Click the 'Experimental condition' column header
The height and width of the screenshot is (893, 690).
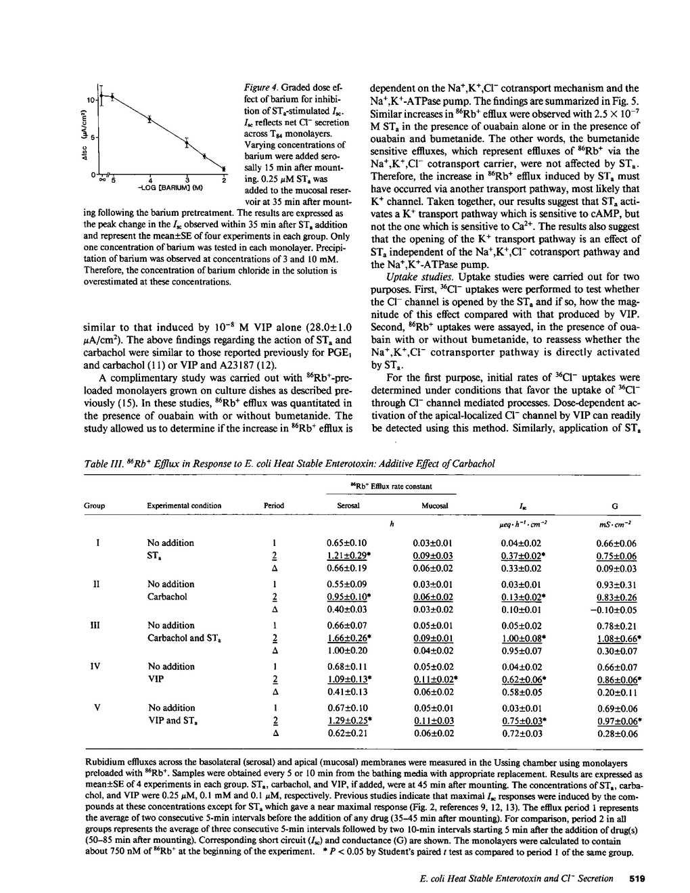[184, 505]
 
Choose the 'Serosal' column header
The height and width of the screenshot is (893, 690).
[348, 505]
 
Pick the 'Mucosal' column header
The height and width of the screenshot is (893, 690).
[434, 505]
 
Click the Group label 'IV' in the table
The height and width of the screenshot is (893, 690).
[95, 666]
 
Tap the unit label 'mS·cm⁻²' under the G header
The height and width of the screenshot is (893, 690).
[614, 524]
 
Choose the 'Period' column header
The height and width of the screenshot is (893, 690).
[274, 505]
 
